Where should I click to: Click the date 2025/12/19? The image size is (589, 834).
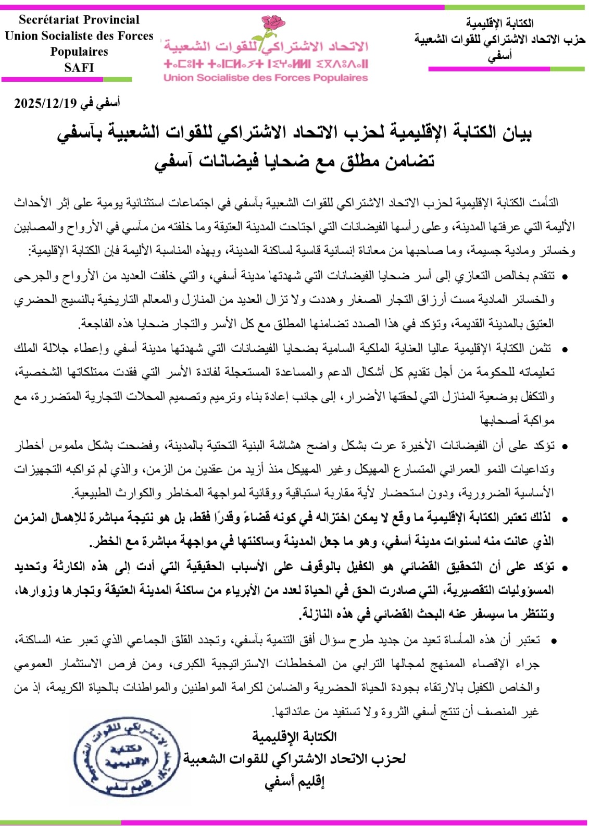45,103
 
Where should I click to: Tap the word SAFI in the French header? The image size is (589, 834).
79,67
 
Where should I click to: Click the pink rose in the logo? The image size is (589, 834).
272,25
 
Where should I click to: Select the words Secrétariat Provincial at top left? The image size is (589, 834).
79,20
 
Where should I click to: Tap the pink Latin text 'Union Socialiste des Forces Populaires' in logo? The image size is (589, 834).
266,78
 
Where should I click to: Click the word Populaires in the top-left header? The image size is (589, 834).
79,52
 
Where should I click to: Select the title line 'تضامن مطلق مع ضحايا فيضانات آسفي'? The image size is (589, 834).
294,161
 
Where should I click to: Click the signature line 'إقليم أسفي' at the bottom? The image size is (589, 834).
294,782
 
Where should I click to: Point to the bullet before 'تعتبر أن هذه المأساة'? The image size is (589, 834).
553,641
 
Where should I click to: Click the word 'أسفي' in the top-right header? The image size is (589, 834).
500,56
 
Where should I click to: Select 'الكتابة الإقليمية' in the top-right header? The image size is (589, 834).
500,23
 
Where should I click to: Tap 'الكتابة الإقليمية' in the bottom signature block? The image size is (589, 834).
294,736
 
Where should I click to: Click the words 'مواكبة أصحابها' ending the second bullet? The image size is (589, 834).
517,420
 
